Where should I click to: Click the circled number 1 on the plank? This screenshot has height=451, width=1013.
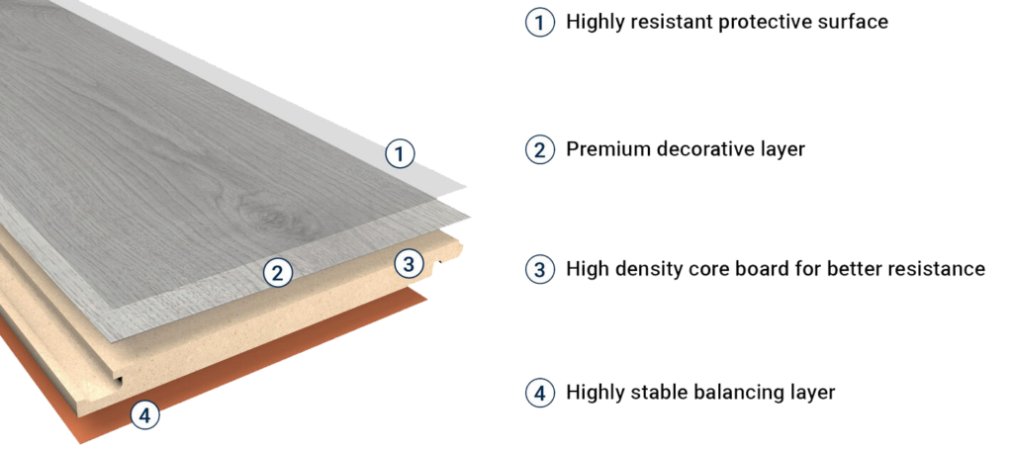(x=399, y=153)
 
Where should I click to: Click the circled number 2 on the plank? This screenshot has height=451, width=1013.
(x=279, y=272)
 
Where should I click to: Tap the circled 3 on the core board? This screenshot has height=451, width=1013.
(x=408, y=263)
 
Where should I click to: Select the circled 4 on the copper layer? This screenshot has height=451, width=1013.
(x=145, y=416)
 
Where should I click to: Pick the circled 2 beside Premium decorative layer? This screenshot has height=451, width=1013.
(x=537, y=150)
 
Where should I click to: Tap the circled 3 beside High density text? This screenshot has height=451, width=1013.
(x=537, y=269)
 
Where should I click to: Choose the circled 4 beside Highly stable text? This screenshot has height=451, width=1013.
(x=537, y=393)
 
